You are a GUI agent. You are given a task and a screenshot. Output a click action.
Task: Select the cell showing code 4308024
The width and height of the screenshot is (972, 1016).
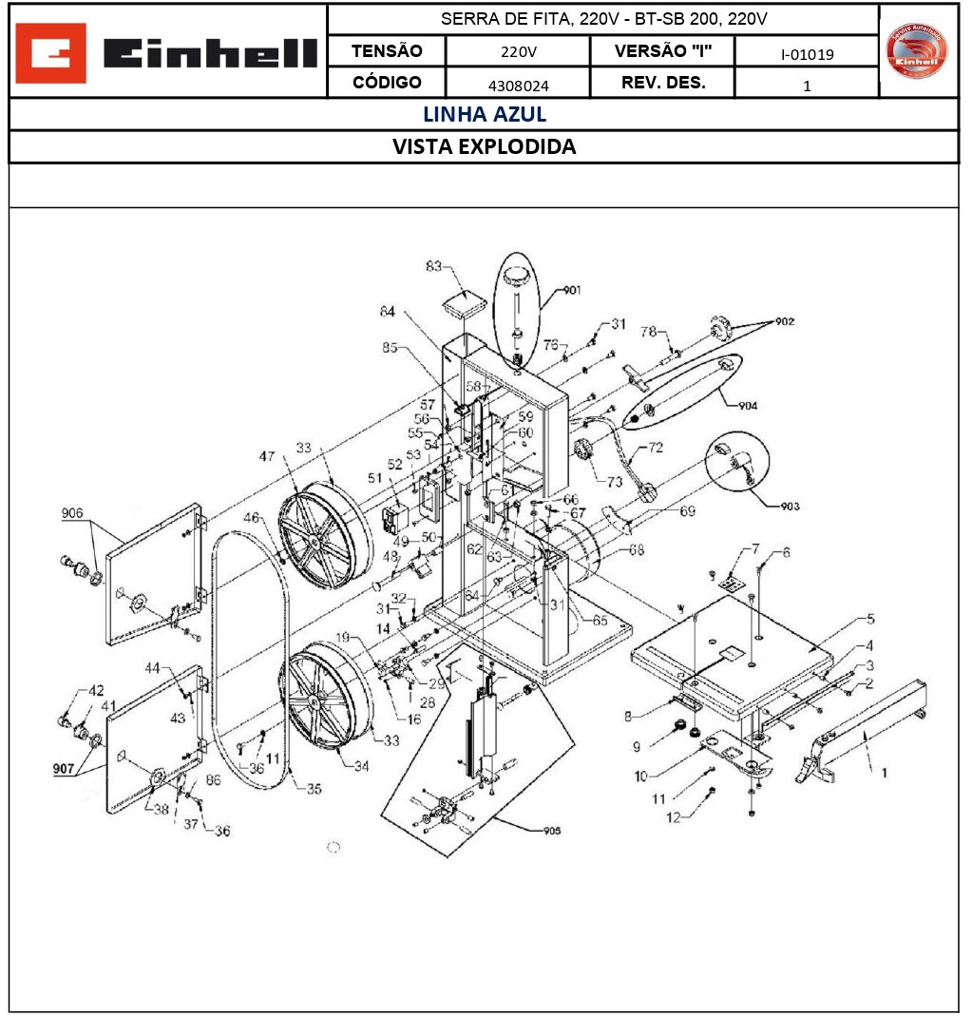(x=518, y=85)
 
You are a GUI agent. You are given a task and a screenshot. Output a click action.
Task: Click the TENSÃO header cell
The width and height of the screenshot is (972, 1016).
(x=387, y=51)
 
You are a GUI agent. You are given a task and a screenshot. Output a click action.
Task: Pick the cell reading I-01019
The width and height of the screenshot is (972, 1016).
(x=807, y=54)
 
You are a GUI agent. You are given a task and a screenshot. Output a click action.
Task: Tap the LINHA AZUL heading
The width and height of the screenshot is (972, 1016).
(x=485, y=115)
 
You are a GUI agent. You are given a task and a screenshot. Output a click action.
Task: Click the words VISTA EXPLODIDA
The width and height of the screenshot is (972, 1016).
(x=485, y=147)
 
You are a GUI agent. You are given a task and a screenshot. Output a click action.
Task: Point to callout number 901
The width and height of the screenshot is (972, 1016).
(x=572, y=290)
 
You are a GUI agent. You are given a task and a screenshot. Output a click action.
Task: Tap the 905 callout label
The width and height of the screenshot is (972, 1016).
(x=551, y=830)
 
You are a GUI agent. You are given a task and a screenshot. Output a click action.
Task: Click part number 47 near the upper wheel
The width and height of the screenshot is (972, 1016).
(x=268, y=456)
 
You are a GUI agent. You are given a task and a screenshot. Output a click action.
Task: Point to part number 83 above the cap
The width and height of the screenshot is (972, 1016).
(x=433, y=267)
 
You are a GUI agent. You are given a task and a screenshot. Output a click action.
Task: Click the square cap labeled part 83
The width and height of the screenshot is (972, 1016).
(x=464, y=303)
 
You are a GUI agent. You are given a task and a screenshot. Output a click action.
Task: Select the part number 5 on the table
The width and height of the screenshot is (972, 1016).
(x=870, y=619)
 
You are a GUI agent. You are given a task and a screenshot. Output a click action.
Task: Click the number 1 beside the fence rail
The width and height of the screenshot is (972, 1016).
(x=884, y=773)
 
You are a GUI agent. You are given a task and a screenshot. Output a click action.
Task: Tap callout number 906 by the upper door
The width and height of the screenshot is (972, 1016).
(x=73, y=514)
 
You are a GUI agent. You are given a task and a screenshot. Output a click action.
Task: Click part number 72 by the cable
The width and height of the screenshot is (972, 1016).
(x=656, y=446)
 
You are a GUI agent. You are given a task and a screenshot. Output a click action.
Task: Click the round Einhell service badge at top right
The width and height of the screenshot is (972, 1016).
(x=917, y=51)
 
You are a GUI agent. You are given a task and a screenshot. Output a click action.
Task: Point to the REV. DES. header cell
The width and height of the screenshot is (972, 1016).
(x=663, y=83)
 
